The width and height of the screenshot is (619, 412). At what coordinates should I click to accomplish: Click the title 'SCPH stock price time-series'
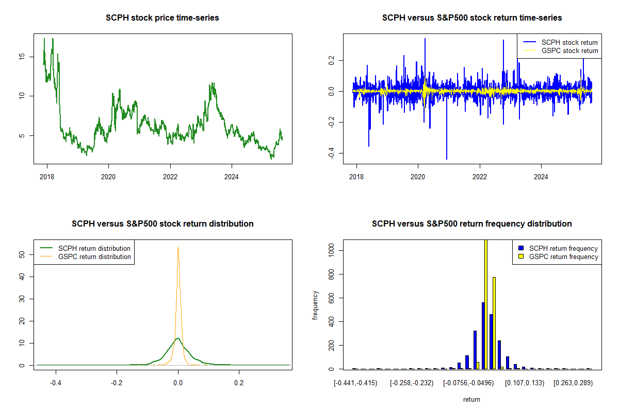point(162,18)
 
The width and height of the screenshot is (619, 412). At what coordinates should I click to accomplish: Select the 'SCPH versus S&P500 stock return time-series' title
point(471,18)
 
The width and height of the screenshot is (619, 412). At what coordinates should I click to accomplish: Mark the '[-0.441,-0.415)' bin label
point(355,383)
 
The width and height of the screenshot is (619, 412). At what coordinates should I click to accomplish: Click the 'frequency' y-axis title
point(316,305)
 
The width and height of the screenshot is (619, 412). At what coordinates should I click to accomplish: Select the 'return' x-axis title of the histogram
point(471,399)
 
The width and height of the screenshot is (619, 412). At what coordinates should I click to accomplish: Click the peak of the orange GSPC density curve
point(178,248)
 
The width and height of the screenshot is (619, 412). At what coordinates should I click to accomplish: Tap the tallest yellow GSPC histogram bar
point(485,304)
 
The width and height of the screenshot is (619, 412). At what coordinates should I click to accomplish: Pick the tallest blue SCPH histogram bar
point(483,335)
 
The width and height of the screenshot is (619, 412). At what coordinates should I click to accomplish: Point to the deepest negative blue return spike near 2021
point(447,159)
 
